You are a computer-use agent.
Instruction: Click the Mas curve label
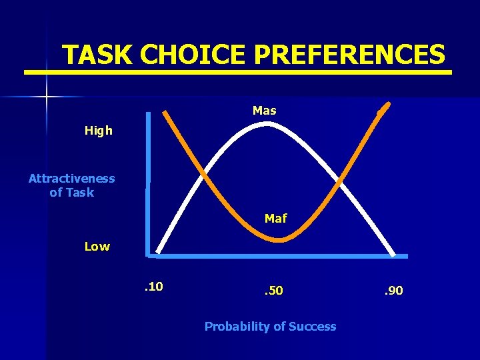click(x=264, y=111)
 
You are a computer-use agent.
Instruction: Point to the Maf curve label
click(x=275, y=218)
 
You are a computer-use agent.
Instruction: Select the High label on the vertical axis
click(x=99, y=131)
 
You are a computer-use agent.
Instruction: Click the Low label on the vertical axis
click(x=97, y=247)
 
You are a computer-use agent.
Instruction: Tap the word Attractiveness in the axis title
click(x=72, y=179)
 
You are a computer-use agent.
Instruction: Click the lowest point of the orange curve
click(x=280, y=239)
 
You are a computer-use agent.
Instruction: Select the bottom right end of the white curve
click(x=394, y=254)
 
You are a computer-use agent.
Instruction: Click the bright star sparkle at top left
click(x=47, y=97)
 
